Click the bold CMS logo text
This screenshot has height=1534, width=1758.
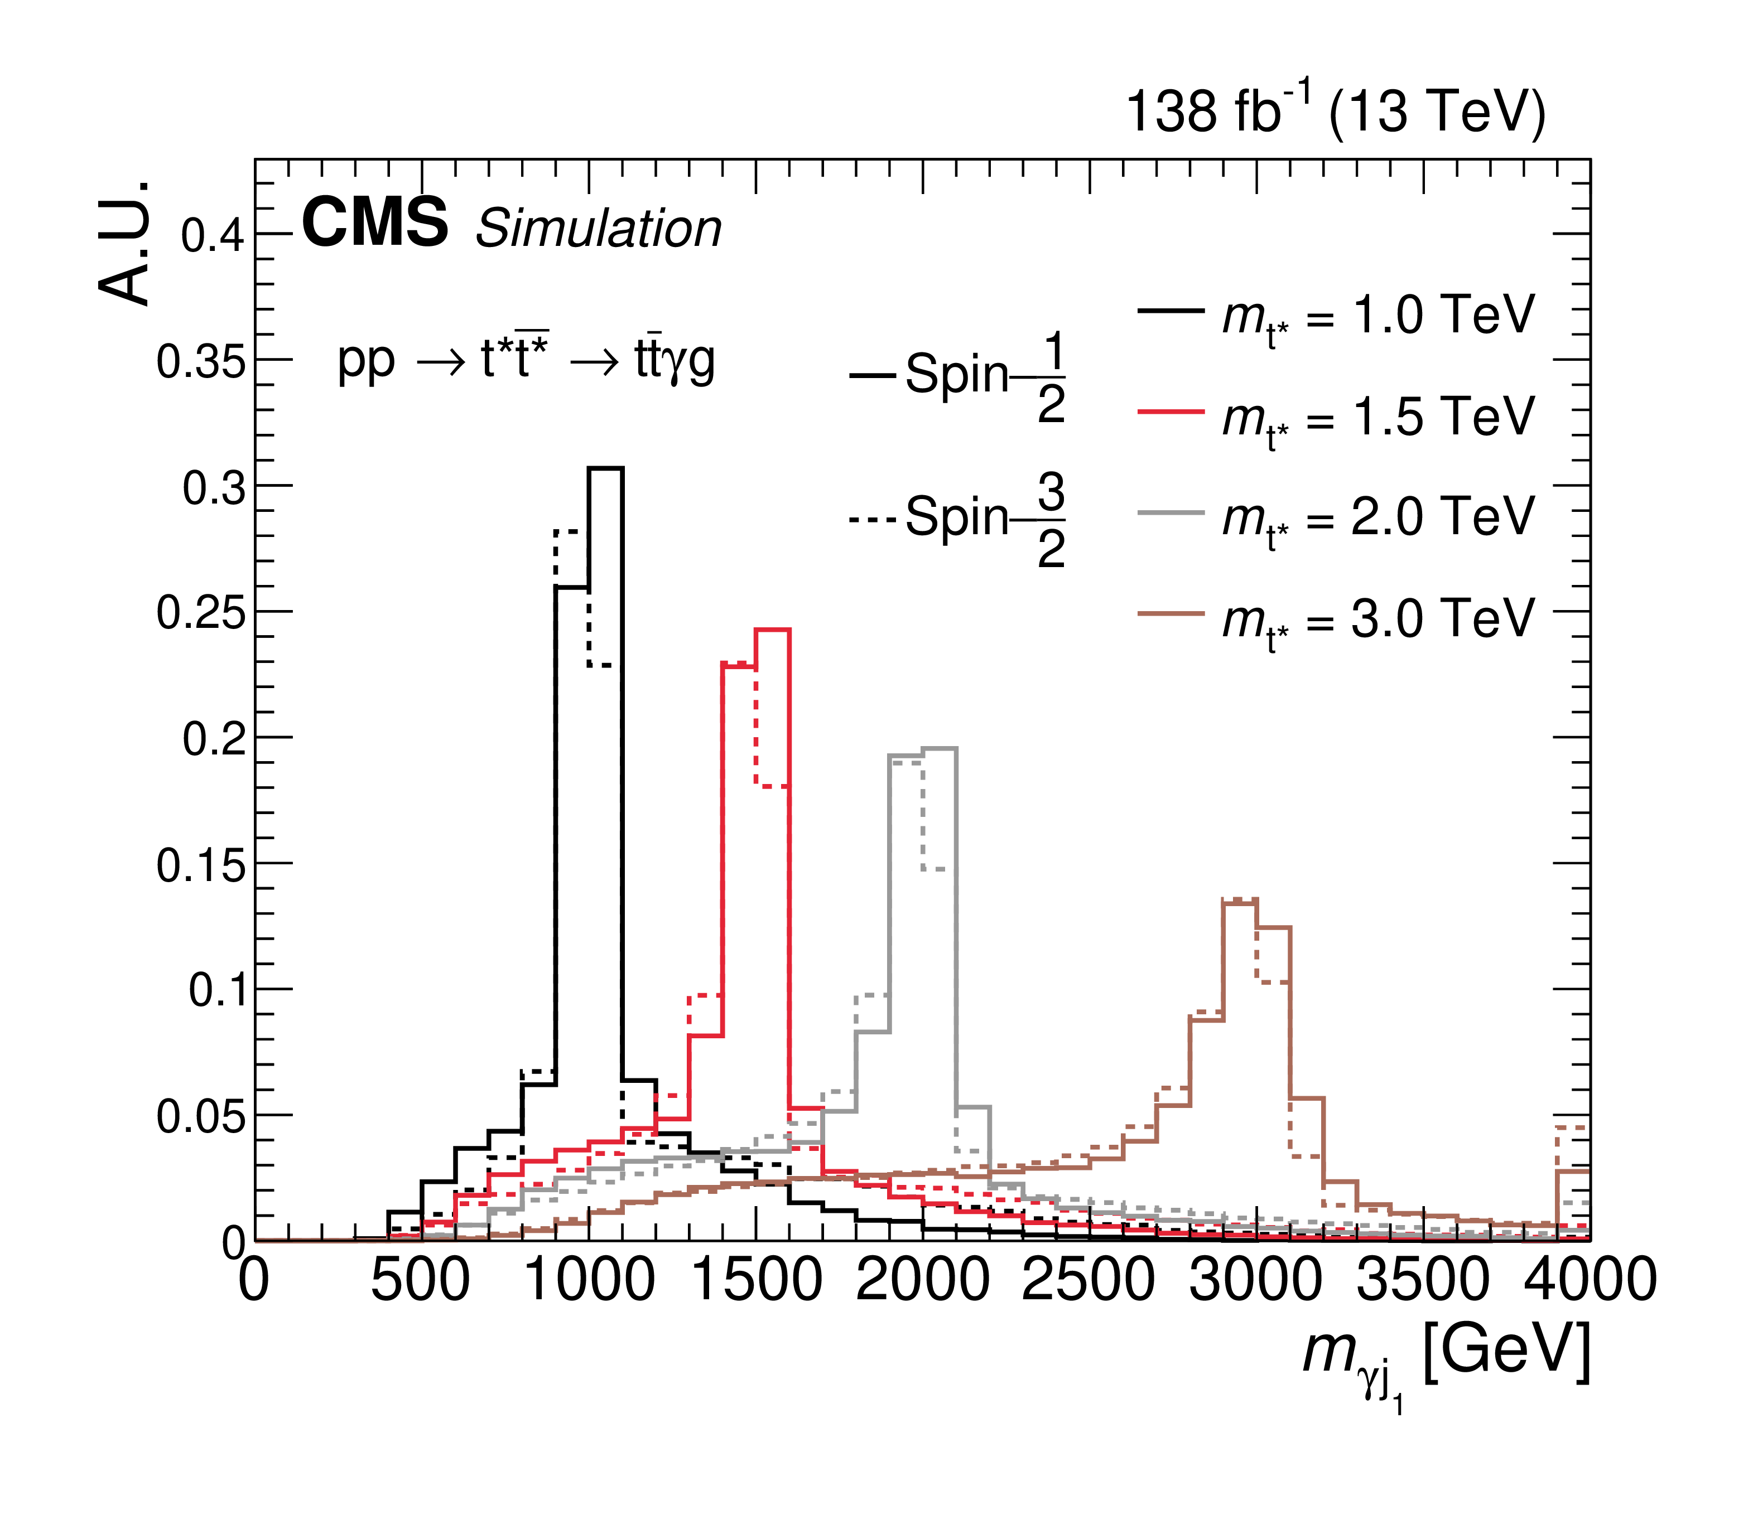[x=375, y=222]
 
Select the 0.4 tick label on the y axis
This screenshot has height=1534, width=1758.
[x=213, y=235]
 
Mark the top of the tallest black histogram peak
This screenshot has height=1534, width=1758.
[x=605, y=468]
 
